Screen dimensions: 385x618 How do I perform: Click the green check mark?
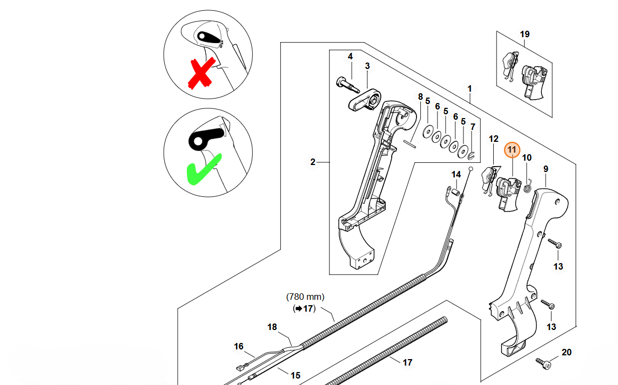click(x=203, y=169)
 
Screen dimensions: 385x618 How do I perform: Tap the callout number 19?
click(x=525, y=35)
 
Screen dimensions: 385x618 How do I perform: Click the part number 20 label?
click(x=566, y=353)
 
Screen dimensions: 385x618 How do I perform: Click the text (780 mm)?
click(x=305, y=297)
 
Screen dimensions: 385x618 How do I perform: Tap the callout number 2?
click(x=313, y=161)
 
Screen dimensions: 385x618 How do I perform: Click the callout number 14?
click(x=456, y=174)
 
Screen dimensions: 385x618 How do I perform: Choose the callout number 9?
click(x=546, y=169)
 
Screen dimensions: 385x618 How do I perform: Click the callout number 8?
click(x=420, y=97)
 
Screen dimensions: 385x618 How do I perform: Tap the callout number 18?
click(x=272, y=327)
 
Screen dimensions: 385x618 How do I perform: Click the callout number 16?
click(x=239, y=346)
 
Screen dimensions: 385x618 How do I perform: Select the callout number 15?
click(x=295, y=375)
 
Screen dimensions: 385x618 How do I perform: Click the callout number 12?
click(x=494, y=139)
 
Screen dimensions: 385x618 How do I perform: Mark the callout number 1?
click(x=469, y=88)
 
